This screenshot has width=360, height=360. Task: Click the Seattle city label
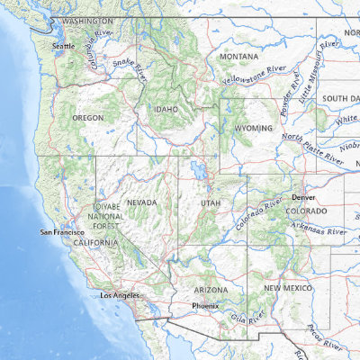pyautogui.click(x=64, y=45)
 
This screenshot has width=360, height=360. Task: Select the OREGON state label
pyautogui.click(x=88, y=118)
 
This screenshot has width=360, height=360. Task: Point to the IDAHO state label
pyautogui.click(x=166, y=110)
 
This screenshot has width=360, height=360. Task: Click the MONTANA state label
pyautogui.click(x=238, y=57)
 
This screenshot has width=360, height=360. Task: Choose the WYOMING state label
pyautogui.click(x=253, y=129)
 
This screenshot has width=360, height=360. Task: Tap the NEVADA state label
pyautogui.click(x=142, y=202)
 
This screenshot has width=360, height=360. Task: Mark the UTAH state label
pyautogui.click(x=210, y=203)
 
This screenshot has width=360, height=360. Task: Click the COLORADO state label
pyautogui.click(x=307, y=211)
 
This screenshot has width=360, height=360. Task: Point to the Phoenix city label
pyautogui.click(x=206, y=306)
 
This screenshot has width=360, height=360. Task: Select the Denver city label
pyautogui.click(x=303, y=196)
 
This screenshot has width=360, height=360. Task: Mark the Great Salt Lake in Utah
pyautogui.click(x=195, y=170)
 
